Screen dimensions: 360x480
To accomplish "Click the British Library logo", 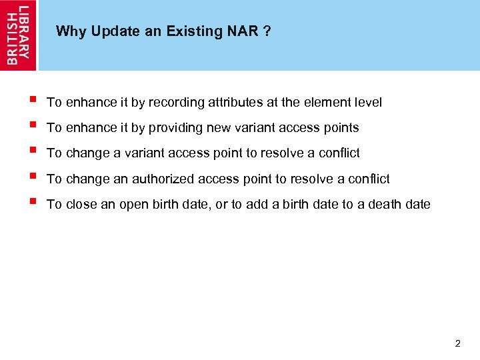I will (x=19, y=35).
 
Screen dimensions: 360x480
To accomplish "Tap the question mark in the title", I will (x=267, y=31).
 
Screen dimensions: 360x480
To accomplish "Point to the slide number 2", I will (x=457, y=344).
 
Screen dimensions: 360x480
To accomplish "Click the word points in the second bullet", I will (x=341, y=128).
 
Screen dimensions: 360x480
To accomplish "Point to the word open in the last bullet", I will (x=133, y=205).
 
